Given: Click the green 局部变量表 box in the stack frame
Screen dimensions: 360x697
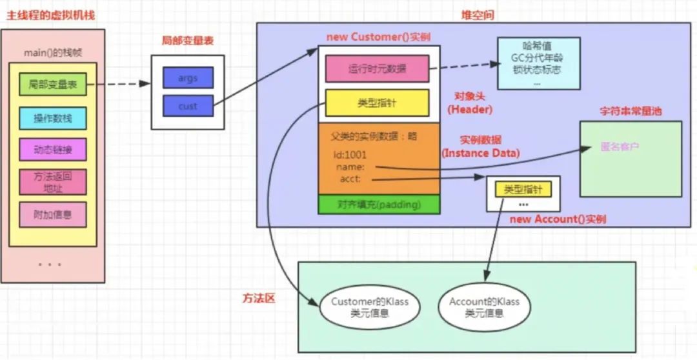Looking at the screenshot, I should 52,85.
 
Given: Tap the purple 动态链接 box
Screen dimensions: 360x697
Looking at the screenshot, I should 52,150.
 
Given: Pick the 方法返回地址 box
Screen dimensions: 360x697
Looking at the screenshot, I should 52,182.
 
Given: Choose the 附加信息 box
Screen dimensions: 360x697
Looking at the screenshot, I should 52,214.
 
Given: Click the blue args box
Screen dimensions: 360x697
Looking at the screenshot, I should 188,78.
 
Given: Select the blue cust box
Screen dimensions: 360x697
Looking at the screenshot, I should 188,106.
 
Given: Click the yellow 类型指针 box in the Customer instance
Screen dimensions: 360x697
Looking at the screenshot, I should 378,103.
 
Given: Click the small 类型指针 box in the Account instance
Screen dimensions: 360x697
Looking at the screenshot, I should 523,189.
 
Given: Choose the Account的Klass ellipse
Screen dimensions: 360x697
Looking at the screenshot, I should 484,307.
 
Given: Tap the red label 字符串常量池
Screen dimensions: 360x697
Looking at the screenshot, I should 630,111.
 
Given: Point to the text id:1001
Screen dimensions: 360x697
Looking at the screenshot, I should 350,155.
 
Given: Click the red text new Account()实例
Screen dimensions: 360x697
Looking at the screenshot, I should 558,219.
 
